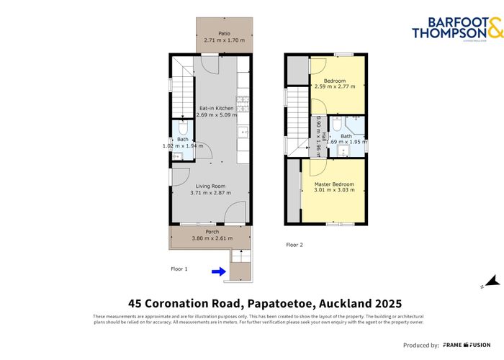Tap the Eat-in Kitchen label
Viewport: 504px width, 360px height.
216,108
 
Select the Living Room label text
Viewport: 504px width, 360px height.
209,186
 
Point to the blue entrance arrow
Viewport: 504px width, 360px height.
218,271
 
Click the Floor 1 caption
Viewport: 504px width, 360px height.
179,269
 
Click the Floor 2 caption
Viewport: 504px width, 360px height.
294,245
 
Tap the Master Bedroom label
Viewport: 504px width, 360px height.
333,185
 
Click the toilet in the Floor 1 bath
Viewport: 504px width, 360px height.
182,129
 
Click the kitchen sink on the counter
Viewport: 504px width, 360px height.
243,132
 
